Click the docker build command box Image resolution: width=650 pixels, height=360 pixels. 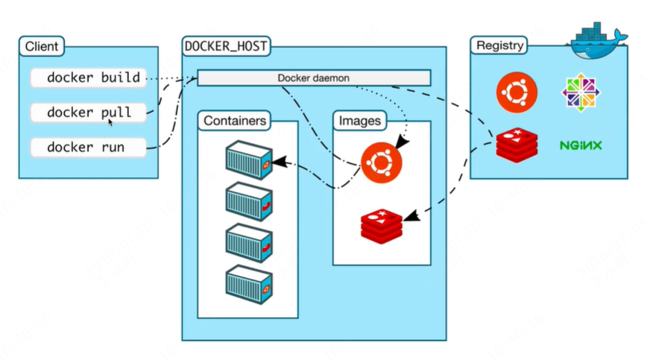[x=89, y=78]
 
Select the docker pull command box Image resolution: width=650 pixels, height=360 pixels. [x=89, y=113]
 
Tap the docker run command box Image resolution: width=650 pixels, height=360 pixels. [x=89, y=148]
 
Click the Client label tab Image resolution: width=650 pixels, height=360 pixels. [x=42, y=46]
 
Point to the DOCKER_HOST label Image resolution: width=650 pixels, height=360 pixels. [x=226, y=46]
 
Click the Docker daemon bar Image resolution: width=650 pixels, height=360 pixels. [x=314, y=78]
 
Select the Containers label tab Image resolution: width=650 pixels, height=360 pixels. [x=235, y=121]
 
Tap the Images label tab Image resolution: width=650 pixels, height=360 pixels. [x=360, y=121]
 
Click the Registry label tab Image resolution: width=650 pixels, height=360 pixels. [x=499, y=45]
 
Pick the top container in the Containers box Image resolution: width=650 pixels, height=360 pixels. [x=249, y=160]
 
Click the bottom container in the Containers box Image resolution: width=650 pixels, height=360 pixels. [x=249, y=285]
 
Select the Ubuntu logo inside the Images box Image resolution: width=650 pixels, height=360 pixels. [x=382, y=162]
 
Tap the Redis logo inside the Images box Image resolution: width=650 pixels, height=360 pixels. [x=382, y=226]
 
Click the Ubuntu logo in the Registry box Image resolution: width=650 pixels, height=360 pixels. [x=517, y=92]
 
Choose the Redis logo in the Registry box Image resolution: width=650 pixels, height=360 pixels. [x=517, y=145]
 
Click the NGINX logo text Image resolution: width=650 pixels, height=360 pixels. [x=581, y=145]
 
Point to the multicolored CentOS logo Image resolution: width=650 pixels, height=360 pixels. [x=581, y=92]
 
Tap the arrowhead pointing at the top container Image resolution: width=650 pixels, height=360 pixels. [x=280, y=162]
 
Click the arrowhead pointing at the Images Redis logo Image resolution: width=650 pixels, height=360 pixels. [x=411, y=216]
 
